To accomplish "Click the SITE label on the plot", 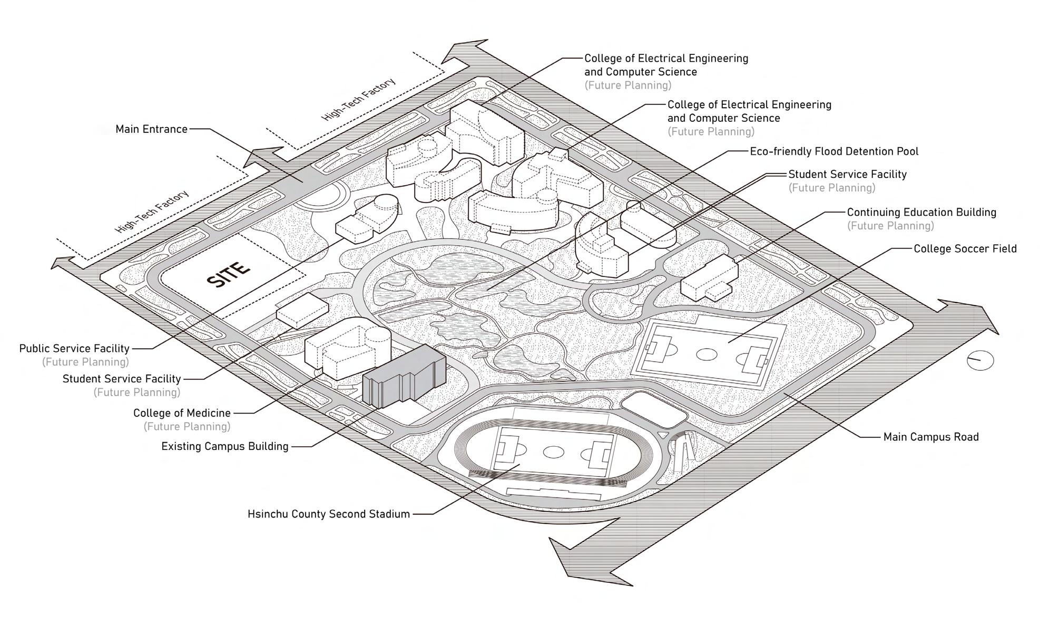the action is point(229,274).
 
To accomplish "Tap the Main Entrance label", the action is point(151,129).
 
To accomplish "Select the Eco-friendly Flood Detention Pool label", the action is point(833,151).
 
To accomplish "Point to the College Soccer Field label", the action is point(965,249).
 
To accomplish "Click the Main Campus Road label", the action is point(930,437).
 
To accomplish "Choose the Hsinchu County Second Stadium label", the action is point(328,514).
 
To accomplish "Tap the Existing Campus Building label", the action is point(224,446).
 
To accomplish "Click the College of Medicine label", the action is point(182,413).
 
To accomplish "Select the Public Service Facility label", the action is point(74,349).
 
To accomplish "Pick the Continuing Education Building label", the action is point(921,213).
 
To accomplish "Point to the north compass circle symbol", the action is point(980,361).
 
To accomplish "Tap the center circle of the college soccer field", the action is point(707,354).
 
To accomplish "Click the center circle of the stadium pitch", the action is point(553,452).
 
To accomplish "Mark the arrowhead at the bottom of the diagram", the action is point(566,559).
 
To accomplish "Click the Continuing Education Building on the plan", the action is point(709,280).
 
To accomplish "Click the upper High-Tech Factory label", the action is point(358,100).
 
